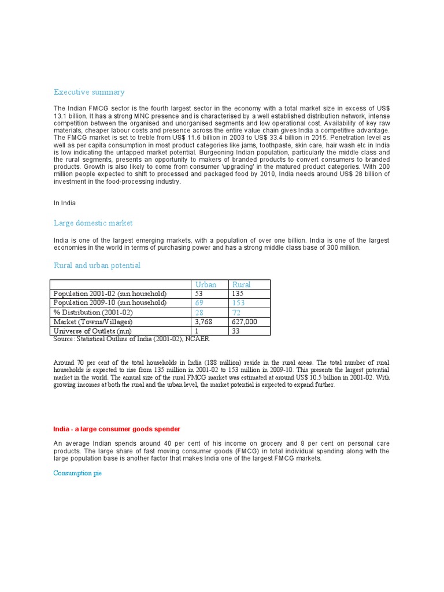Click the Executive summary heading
(x=89, y=92)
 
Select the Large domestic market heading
(x=93, y=223)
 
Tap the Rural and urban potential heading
(x=97, y=265)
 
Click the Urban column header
(x=206, y=284)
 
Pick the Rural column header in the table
(x=242, y=284)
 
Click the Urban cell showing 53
(x=201, y=294)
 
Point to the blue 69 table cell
(x=201, y=303)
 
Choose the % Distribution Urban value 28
(x=201, y=312)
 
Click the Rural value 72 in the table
(x=237, y=312)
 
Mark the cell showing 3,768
(x=205, y=321)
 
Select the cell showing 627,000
(x=245, y=321)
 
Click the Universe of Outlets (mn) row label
(x=92, y=331)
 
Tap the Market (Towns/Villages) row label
(x=93, y=321)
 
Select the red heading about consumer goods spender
(x=117, y=429)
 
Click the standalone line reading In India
(x=65, y=203)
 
